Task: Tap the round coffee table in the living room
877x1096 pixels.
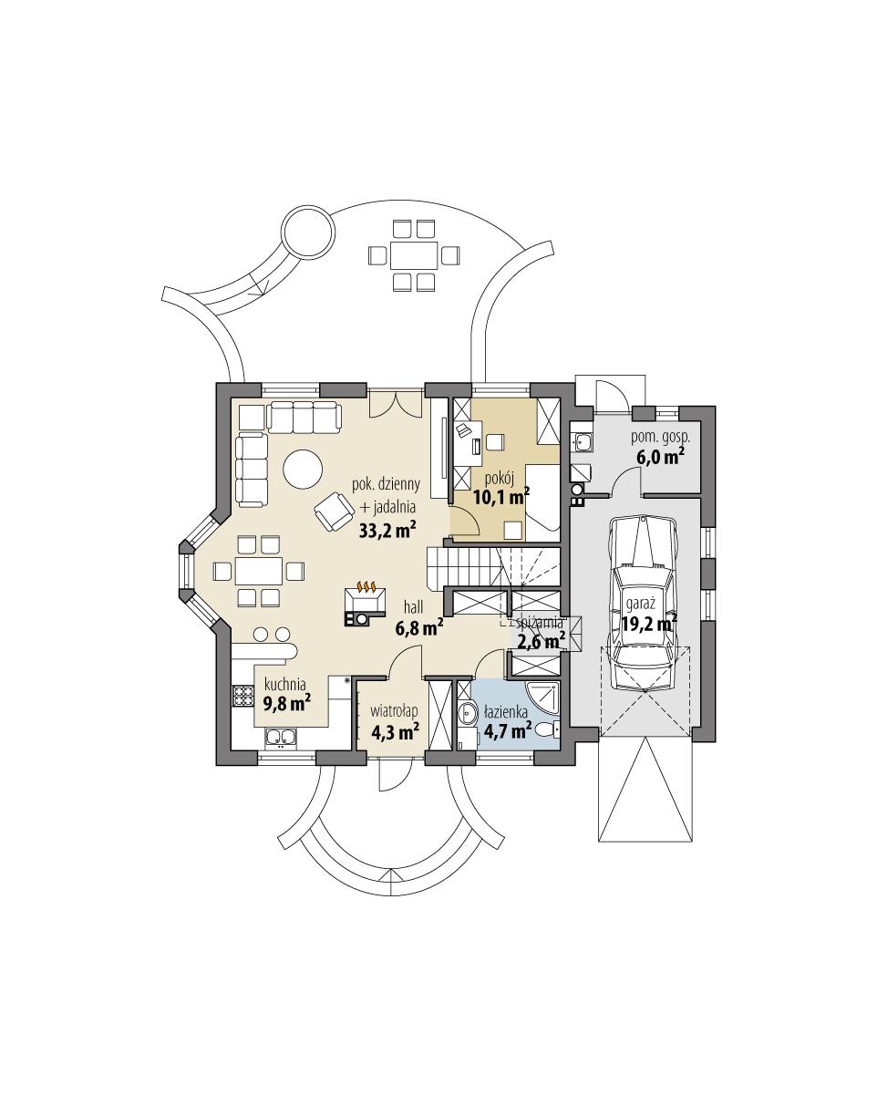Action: click(x=303, y=470)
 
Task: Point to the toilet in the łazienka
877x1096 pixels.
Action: click(x=546, y=729)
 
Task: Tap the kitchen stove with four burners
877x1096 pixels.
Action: click(x=242, y=697)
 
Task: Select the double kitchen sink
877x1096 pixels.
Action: click(x=279, y=738)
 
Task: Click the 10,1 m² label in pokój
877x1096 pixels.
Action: click(x=501, y=497)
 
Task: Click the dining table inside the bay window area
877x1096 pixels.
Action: click(x=258, y=571)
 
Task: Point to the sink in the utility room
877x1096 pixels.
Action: click(x=584, y=444)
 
